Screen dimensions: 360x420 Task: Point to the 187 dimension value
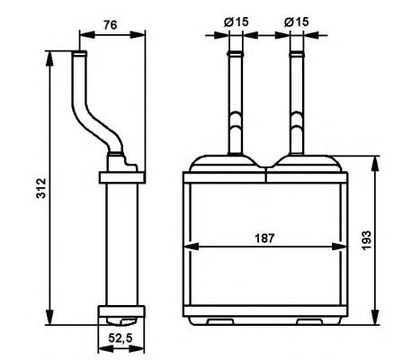pyautogui.click(x=264, y=238)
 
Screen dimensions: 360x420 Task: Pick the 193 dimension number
pyautogui.click(x=392, y=239)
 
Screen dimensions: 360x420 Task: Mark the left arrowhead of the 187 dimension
pyautogui.click(x=192, y=247)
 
